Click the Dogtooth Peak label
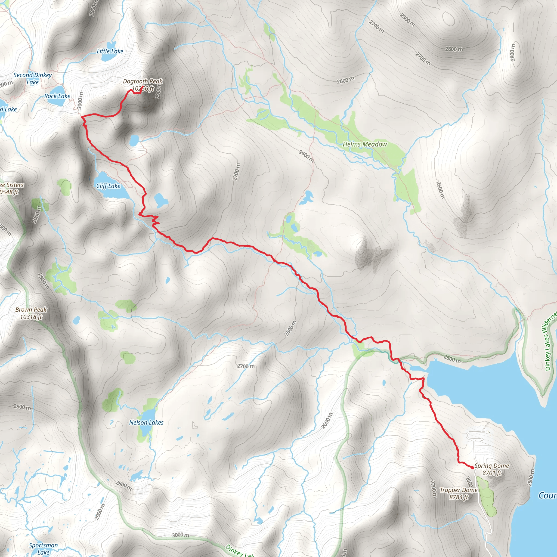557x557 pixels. [143, 82]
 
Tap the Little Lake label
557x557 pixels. [110, 52]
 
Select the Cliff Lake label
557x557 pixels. [108, 186]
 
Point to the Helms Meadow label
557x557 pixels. [365, 144]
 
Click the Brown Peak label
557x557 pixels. [31, 310]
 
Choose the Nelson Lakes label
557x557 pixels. [146, 423]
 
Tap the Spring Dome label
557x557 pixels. [491, 466]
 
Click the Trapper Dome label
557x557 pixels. [458, 490]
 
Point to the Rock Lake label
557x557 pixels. [57, 96]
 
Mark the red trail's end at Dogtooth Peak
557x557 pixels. [143, 86]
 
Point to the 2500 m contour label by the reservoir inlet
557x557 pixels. [452, 359]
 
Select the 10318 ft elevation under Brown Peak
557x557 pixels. [31, 317]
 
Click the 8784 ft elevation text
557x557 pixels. [458, 497]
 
